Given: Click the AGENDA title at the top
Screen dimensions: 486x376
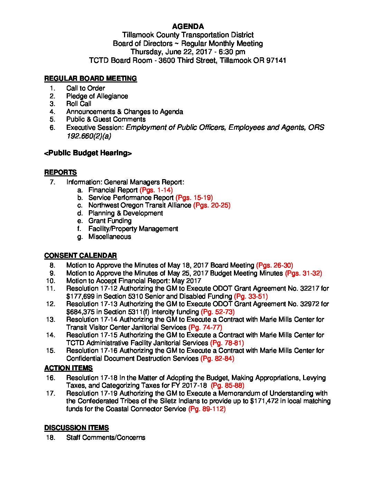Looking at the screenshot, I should pos(188,27).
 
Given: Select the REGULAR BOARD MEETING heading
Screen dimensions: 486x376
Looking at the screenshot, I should pos(91,79).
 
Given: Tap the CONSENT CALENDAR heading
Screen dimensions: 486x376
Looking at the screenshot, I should pos(81,256).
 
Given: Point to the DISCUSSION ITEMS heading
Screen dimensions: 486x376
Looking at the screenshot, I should pos(76,428).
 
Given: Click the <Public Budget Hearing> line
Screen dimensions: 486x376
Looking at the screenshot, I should pos(88,153).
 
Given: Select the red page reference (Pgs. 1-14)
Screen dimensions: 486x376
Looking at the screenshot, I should pos(156,190).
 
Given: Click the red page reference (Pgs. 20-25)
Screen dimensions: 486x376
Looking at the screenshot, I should pos(212,205).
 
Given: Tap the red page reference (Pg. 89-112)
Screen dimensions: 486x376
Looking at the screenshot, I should pos(207,409).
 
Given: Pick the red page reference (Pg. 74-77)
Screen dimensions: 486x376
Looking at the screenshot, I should pos(205,327).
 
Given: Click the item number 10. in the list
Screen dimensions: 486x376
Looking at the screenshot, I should pos(51,281).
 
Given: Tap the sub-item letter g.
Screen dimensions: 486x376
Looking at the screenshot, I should pos(80,237).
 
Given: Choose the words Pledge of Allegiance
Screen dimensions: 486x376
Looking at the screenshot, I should pos(97,96).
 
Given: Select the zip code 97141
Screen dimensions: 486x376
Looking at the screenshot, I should pos(276,60).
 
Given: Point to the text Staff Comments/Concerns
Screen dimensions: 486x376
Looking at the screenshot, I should pos(106,438).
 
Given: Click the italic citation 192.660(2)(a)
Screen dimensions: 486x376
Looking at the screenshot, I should pos(89,136).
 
